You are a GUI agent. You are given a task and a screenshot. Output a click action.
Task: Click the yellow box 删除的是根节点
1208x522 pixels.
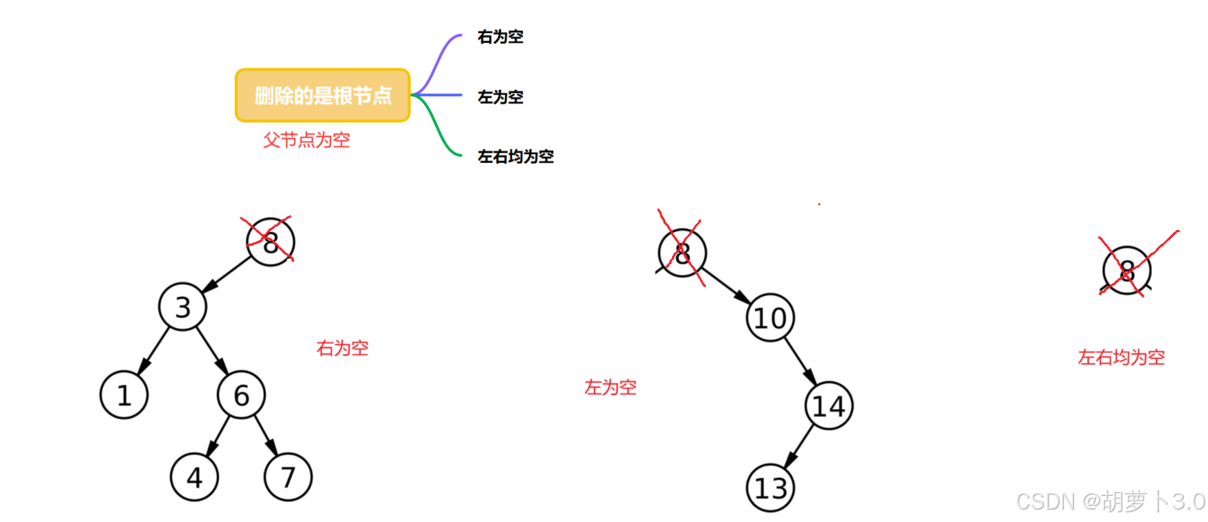point(323,95)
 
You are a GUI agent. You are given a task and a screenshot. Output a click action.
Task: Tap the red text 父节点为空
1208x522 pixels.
point(306,140)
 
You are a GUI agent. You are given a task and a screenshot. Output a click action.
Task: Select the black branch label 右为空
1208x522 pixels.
point(500,37)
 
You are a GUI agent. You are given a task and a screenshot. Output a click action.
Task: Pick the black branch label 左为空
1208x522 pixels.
point(500,97)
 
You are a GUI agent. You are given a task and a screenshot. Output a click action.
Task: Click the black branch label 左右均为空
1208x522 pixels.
point(515,157)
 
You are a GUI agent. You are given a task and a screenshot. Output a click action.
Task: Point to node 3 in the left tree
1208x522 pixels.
point(182,307)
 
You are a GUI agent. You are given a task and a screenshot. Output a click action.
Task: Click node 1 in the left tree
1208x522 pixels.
point(124,395)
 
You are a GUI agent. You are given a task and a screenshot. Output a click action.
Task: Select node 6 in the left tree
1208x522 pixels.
point(241,395)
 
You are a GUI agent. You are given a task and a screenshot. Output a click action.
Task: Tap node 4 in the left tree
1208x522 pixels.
point(194,477)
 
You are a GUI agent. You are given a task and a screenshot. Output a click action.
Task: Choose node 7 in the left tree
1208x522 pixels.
point(288,477)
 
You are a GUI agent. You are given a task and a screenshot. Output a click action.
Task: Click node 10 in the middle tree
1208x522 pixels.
point(770,318)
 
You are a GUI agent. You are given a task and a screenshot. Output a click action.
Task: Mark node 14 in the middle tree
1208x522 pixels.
point(829,406)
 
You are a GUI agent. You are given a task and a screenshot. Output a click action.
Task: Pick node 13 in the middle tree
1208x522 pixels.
point(771,488)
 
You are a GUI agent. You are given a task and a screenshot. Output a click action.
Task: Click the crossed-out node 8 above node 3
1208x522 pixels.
point(271,242)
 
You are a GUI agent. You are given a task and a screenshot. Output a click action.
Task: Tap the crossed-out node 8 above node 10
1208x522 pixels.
point(682,253)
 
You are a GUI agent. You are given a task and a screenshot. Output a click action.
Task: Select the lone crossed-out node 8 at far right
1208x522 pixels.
point(1126,270)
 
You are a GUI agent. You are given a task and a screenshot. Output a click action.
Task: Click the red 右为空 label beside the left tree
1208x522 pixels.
point(342,348)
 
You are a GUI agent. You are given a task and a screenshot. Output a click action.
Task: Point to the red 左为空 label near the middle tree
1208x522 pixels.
point(610,387)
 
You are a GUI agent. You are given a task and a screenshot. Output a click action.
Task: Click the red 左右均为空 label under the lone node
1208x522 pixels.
point(1121,358)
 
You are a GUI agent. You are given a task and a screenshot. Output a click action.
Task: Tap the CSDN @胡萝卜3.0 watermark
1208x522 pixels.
point(1111,501)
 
